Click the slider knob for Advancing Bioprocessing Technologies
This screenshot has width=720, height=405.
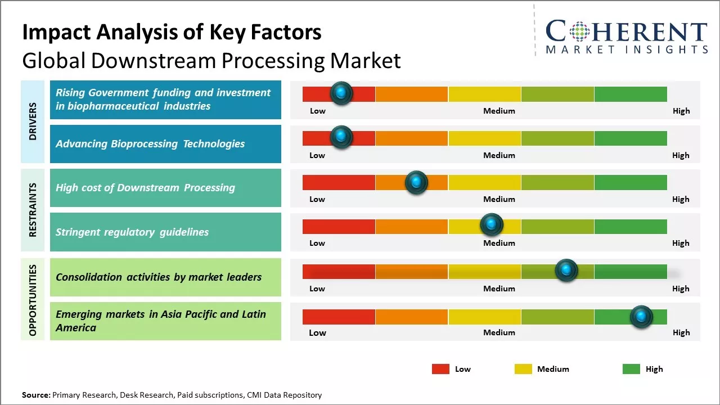[341, 137]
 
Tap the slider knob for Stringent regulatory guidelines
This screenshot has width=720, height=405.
[492, 225]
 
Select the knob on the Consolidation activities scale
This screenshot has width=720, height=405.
[566, 271]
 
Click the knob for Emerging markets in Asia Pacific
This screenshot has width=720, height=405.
[641, 317]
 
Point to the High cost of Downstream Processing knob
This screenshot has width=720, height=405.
[416, 182]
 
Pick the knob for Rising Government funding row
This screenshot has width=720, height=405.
[341, 93]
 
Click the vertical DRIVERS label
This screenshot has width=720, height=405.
[33, 121]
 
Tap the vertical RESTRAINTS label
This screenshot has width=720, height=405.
[33, 210]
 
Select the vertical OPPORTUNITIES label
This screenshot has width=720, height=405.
[33, 300]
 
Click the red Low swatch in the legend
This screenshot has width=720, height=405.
[440, 369]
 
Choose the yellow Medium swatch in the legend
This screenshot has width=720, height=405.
[523, 369]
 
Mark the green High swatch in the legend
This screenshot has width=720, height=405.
[631, 369]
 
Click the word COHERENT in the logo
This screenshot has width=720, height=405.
[626, 31]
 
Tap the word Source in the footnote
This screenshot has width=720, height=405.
[35, 395]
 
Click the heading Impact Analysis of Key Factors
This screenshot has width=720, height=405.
[172, 32]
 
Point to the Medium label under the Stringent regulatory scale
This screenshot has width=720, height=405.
[499, 243]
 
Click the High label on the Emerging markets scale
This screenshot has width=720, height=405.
[681, 332]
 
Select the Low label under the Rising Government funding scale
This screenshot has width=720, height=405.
[318, 111]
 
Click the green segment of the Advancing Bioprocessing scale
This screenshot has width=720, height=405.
[630, 138]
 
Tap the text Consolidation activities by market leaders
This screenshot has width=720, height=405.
[159, 277]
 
